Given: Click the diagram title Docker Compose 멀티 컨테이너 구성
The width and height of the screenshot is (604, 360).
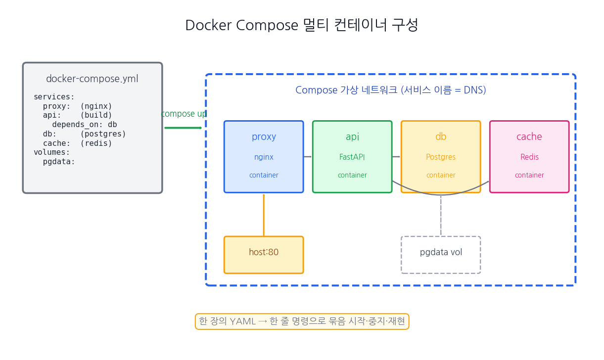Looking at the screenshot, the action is coord(302,25).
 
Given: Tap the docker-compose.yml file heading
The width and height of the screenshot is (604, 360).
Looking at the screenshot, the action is coord(92,79).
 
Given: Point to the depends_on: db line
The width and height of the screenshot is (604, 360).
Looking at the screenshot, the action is coord(85,125).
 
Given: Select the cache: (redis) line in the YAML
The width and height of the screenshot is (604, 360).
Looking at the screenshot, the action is coord(77,143).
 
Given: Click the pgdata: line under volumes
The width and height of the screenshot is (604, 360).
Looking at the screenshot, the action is coord(59,162).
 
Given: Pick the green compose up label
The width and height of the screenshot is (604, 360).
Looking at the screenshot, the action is coord(184,114).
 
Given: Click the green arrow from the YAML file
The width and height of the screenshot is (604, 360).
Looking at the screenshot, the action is coord(183,128).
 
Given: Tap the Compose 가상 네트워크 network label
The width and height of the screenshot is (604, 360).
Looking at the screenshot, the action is coord(391,90).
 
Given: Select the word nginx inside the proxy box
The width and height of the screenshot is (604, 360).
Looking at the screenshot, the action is coord(264,157).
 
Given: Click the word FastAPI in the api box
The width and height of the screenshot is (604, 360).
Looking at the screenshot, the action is coord(352,157).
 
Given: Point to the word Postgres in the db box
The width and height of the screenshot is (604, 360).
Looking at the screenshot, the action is coord(441,157).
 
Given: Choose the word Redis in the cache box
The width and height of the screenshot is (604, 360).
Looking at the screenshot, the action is coord(529,157).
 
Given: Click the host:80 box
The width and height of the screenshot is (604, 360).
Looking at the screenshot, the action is coord(264,255).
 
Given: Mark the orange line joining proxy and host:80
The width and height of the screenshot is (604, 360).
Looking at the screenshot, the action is coord(264,215).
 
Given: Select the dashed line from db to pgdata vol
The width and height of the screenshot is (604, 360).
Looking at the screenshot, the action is coord(441,215).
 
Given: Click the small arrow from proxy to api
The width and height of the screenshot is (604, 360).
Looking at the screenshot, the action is coord(308,157).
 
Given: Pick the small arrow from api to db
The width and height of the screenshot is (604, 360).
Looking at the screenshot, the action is coord(396,157).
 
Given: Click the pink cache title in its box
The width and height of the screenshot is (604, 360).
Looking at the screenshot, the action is coord(529,136).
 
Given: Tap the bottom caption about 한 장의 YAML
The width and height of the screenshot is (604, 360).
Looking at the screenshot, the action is coord(302,321).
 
